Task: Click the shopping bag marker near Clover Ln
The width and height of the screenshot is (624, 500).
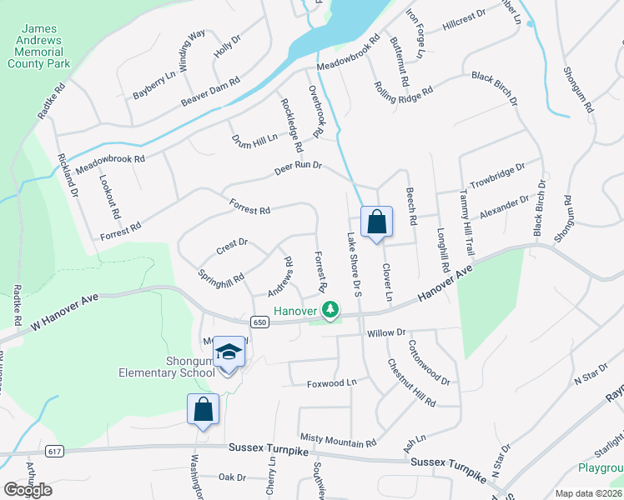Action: point(376,222)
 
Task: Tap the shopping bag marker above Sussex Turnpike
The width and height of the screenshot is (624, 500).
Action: point(203,409)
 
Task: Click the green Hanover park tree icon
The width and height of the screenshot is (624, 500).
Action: point(331,311)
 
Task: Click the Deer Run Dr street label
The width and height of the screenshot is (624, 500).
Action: point(299,166)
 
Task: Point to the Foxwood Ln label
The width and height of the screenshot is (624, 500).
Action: point(331,383)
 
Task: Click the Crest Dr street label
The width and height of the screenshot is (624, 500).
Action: point(232,243)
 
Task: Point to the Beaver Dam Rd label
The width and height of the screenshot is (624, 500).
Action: point(210,92)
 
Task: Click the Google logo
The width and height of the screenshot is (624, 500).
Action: point(28,490)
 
